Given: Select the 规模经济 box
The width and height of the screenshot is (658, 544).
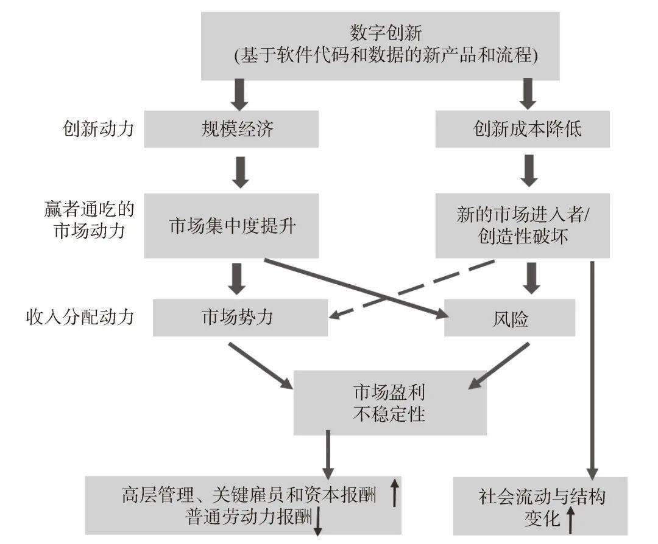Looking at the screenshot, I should (x=231, y=129).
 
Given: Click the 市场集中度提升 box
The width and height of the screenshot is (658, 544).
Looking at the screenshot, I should (x=231, y=226).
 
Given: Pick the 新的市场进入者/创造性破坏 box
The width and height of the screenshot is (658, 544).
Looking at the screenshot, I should (x=523, y=226).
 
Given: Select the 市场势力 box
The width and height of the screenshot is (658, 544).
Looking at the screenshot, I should (x=240, y=318).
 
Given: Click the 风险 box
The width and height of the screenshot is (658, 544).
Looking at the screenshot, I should (x=509, y=318).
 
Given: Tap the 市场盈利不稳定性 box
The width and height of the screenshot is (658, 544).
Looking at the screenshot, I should (x=389, y=402).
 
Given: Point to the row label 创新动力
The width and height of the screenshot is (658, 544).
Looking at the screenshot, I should (x=97, y=129).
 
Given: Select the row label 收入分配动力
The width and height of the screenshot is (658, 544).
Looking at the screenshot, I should (x=80, y=318).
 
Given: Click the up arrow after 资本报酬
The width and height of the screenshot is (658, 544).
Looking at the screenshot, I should (x=394, y=493).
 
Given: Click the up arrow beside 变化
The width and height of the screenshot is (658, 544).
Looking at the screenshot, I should (x=571, y=520).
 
